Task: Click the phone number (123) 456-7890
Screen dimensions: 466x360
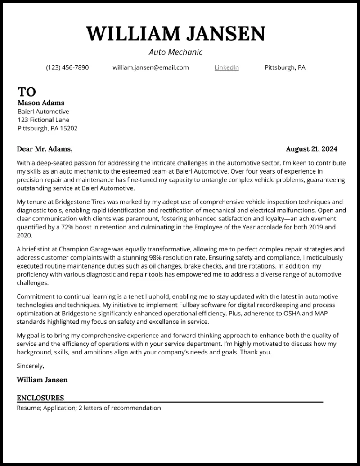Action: pos(67,67)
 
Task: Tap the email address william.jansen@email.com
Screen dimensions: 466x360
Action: pos(151,67)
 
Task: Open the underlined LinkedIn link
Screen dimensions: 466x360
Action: pos(226,67)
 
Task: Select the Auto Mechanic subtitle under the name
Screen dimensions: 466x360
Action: pos(175,52)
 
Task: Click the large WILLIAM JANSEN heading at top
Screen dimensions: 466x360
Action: pos(175,34)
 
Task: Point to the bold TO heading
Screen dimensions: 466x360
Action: pos(27,92)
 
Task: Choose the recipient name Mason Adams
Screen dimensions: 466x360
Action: pos(41,103)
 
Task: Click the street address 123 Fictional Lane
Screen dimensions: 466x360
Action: pos(44,120)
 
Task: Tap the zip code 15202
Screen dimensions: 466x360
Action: pos(68,128)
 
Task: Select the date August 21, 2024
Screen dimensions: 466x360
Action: pos(311,149)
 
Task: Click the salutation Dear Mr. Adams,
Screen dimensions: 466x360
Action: pos(44,149)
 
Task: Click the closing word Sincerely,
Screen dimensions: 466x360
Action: pos(30,366)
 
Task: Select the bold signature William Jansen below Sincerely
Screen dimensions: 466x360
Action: pos(42,380)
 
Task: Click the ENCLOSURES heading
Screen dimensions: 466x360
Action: pos(40,398)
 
